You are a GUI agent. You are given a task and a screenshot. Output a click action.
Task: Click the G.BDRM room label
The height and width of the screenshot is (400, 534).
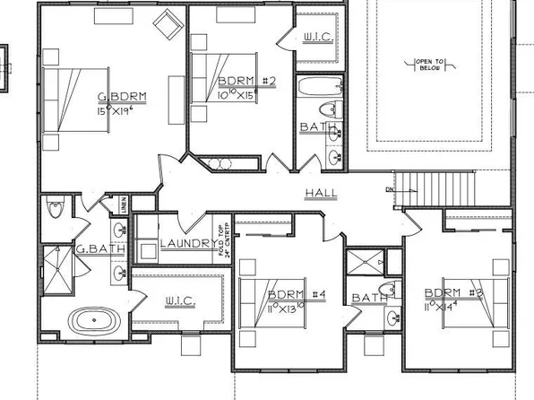point(122,97)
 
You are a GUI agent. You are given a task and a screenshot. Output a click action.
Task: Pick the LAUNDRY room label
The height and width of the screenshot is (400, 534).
point(185,244)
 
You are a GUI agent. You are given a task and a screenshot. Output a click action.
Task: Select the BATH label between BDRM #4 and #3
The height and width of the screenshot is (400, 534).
point(368,298)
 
